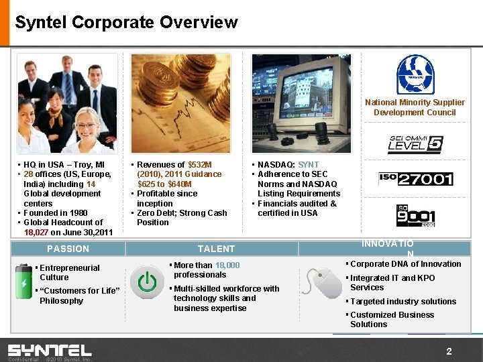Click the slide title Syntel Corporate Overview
pyautogui.click(x=126, y=22)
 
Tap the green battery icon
pyautogui.click(x=24, y=282)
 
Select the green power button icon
pyautogui.click(x=147, y=283)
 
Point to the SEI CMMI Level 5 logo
pyautogui.click(x=415, y=144)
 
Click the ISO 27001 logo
pyautogui.click(x=415, y=178)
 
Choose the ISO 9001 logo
pyautogui.click(x=415, y=216)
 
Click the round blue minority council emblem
pyautogui.click(x=415, y=74)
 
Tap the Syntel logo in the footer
pyautogui.click(x=50, y=350)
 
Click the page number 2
pyautogui.click(x=449, y=351)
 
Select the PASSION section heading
pyautogui.click(x=68, y=249)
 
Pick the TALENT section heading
pyautogui.click(x=216, y=249)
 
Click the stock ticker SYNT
pyautogui.click(x=309, y=164)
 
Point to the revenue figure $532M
pyautogui.click(x=200, y=164)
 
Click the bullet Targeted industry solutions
pyautogui.click(x=403, y=302)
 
